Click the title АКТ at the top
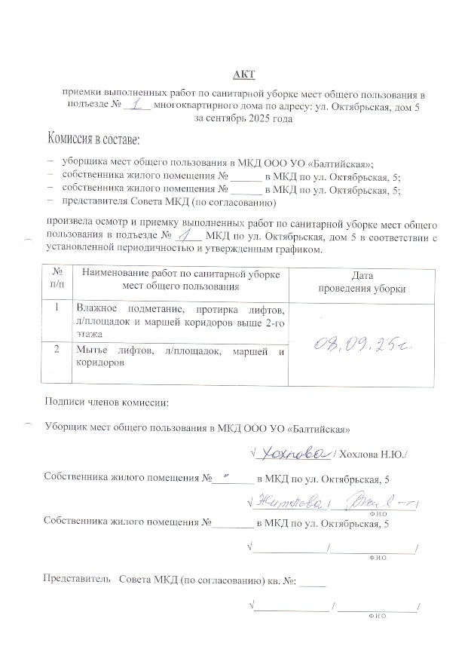[243, 73]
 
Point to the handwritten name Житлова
[289, 503]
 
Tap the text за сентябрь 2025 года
[243, 118]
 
